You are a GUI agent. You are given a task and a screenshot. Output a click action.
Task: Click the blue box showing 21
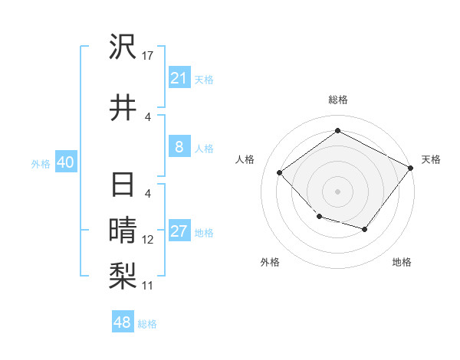(x=179, y=77)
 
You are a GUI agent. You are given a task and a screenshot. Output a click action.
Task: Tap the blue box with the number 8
(x=179, y=147)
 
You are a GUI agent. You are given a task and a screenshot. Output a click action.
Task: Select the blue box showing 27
(x=179, y=232)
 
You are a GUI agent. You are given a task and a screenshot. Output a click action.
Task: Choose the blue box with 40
(x=65, y=162)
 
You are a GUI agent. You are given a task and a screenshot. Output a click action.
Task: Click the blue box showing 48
(x=123, y=322)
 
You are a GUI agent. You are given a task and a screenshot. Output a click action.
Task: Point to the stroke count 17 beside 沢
(x=149, y=55)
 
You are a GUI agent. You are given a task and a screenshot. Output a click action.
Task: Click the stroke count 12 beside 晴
(x=148, y=239)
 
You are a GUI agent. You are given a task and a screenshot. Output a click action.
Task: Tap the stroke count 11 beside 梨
(x=148, y=285)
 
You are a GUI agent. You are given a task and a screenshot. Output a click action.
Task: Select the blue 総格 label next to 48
(x=147, y=324)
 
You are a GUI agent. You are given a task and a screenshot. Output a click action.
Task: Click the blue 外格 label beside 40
(x=41, y=163)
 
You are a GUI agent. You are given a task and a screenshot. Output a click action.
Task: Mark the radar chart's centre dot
(x=337, y=191)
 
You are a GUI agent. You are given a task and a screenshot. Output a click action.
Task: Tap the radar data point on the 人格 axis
(x=280, y=172)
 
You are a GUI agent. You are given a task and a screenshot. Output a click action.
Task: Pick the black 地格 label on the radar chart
(x=402, y=263)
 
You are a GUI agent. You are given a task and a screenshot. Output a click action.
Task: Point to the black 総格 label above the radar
(x=337, y=100)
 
